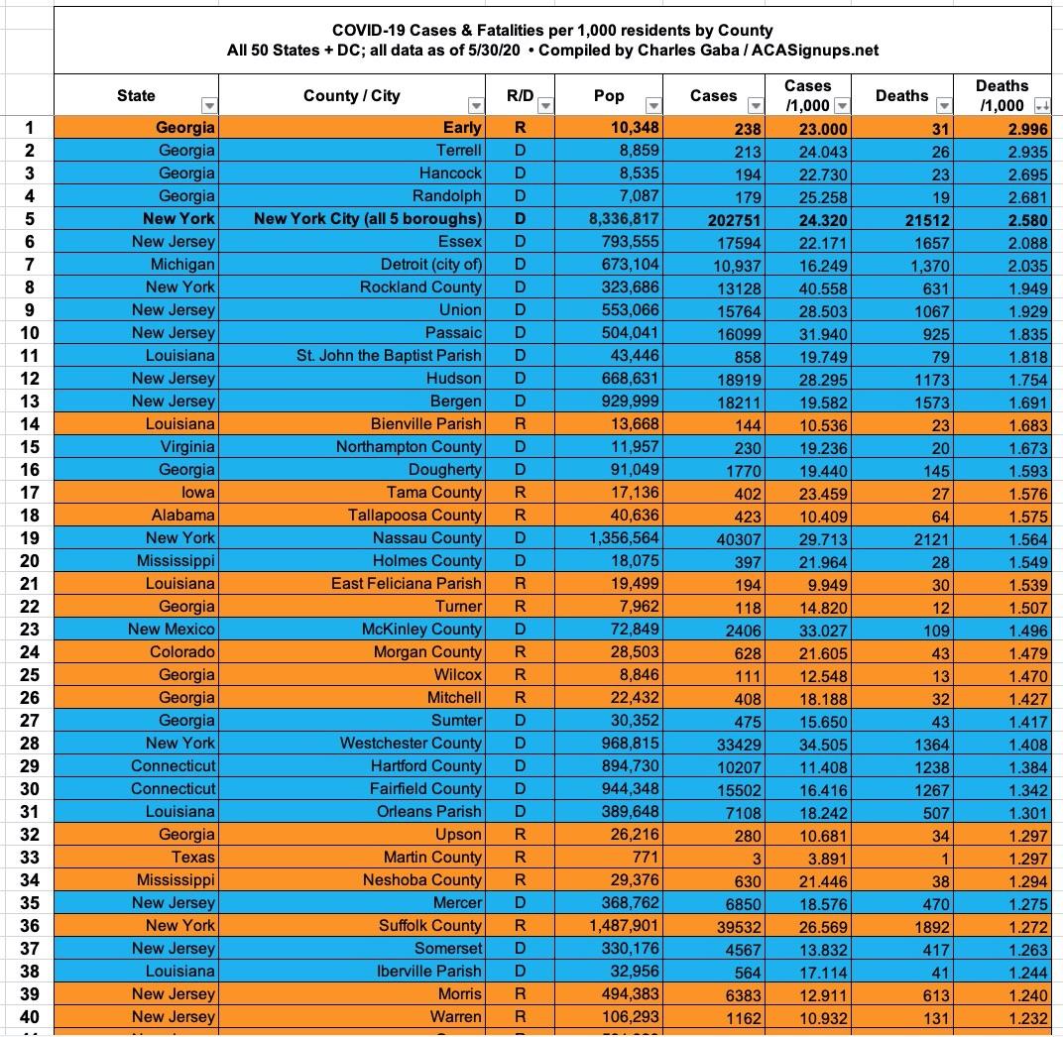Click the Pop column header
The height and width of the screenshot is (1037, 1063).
point(609,95)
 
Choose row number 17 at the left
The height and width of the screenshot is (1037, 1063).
point(30,492)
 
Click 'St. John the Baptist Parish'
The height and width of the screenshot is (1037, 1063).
point(389,355)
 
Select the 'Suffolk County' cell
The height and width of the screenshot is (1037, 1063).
point(430,925)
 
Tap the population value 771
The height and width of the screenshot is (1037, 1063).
point(645,857)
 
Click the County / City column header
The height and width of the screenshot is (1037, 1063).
point(351,95)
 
